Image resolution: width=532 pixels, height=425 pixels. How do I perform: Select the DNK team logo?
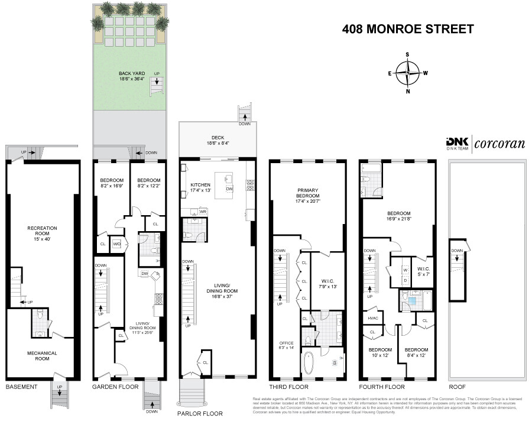coord(456,143)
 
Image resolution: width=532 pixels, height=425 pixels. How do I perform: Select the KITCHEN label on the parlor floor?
coord(200,188)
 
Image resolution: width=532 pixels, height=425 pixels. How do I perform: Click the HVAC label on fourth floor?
coord(373,319)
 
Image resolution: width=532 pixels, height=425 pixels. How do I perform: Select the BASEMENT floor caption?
coord(21,387)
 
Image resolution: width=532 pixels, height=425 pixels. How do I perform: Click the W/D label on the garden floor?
coord(117,244)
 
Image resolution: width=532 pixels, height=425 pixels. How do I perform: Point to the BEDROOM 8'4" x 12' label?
coord(417,352)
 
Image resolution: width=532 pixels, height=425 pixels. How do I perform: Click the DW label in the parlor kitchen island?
coord(229,189)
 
